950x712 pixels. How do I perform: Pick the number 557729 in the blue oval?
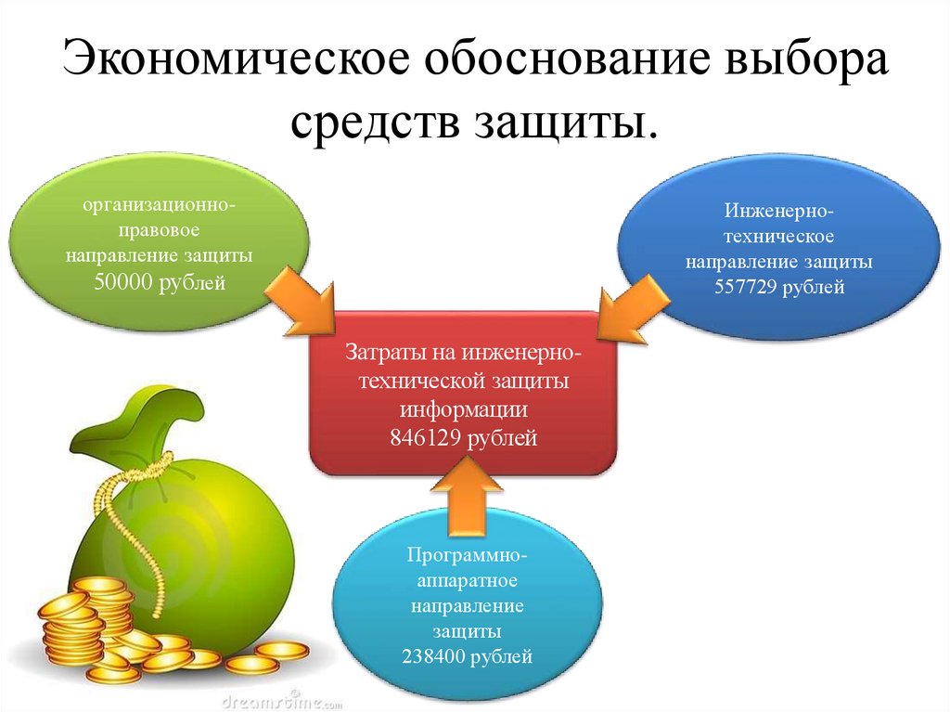745,288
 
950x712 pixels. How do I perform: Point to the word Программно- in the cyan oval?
468,557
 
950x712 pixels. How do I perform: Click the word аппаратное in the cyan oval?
467,582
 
